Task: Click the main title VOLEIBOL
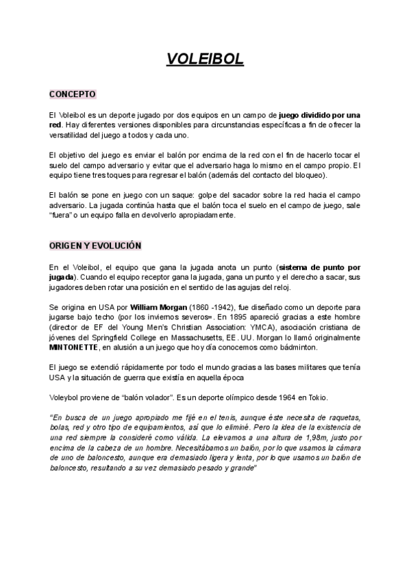[205, 60]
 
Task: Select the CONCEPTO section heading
[72, 94]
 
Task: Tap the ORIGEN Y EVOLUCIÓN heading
[95, 245]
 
